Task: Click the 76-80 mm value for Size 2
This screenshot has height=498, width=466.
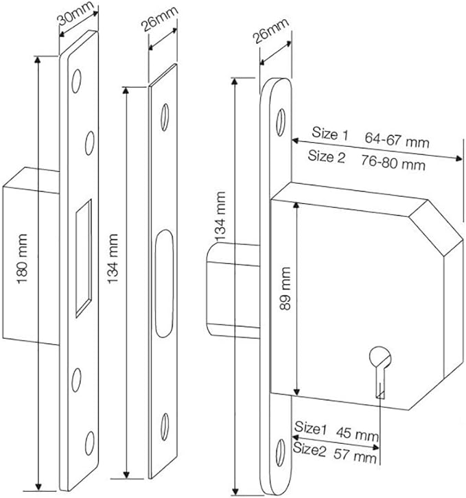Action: pyautogui.click(x=394, y=165)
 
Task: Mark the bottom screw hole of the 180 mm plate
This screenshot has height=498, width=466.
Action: pyautogui.click(x=89, y=439)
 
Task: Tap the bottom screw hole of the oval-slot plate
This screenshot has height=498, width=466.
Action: pyautogui.click(x=165, y=424)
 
